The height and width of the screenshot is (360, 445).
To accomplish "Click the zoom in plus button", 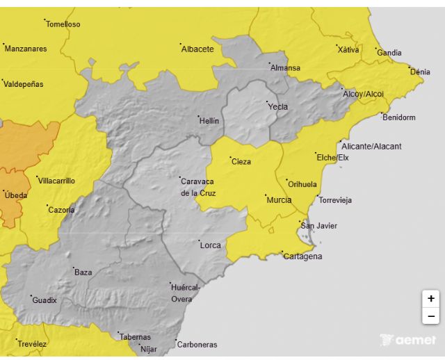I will (431, 298).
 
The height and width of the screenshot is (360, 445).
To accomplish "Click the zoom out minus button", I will (431, 316).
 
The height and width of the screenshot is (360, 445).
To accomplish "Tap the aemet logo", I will (409, 340).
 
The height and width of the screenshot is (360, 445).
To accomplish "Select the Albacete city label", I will (197, 49).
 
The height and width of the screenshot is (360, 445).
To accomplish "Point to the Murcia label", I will (278, 200).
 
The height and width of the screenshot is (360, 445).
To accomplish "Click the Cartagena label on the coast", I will (302, 256).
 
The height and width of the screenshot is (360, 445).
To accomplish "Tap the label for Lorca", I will (210, 245).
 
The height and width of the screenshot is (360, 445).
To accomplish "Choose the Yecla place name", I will (277, 107).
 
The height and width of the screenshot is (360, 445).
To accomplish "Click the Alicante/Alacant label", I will (371, 147).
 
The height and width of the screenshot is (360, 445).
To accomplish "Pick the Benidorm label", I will (398, 117).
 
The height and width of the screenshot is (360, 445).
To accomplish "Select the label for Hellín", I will (209, 121).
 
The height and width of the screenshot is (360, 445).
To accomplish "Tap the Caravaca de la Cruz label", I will (198, 186).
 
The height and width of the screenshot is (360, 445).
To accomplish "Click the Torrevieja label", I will (334, 200).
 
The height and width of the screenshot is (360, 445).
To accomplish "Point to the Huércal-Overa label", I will (186, 293).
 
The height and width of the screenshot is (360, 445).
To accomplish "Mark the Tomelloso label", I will (63, 24).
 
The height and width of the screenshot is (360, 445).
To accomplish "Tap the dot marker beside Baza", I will (74, 268).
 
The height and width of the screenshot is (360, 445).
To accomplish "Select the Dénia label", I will (420, 72).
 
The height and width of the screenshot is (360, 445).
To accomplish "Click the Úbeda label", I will (15, 195).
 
